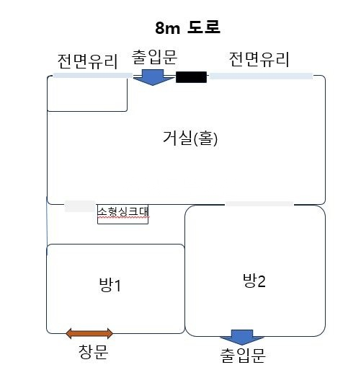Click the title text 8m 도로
click(187, 27)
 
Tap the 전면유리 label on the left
click(88, 61)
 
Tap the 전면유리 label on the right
click(259, 59)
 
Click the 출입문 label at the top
click(154, 57)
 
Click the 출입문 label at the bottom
click(243, 355)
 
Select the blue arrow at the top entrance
click(153, 77)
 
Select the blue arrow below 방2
click(242, 337)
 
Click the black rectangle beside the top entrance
click(191, 77)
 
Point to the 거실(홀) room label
click(190, 138)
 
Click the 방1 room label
click(110, 285)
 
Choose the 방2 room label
click(254, 281)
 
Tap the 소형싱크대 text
click(123, 211)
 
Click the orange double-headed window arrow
click(89, 333)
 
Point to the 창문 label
click(94, 352)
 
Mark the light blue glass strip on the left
click(93, 76)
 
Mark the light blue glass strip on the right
click(261, 76)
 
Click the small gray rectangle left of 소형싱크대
click(80, 206)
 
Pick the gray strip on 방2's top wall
click(259, 204)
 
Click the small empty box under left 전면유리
click(87, 94)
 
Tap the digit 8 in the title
click(160, 28)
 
